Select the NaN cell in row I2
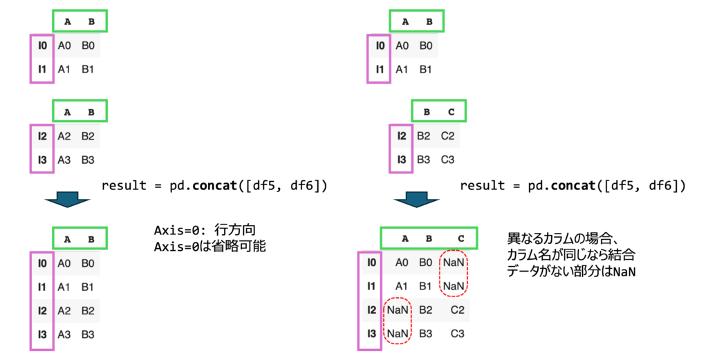click(398, 311)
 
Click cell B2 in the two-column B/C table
click(423, 136)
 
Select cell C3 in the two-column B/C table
click(447, 160)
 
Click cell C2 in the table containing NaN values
click(458, 311)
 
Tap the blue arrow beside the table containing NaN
click(416, 200)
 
